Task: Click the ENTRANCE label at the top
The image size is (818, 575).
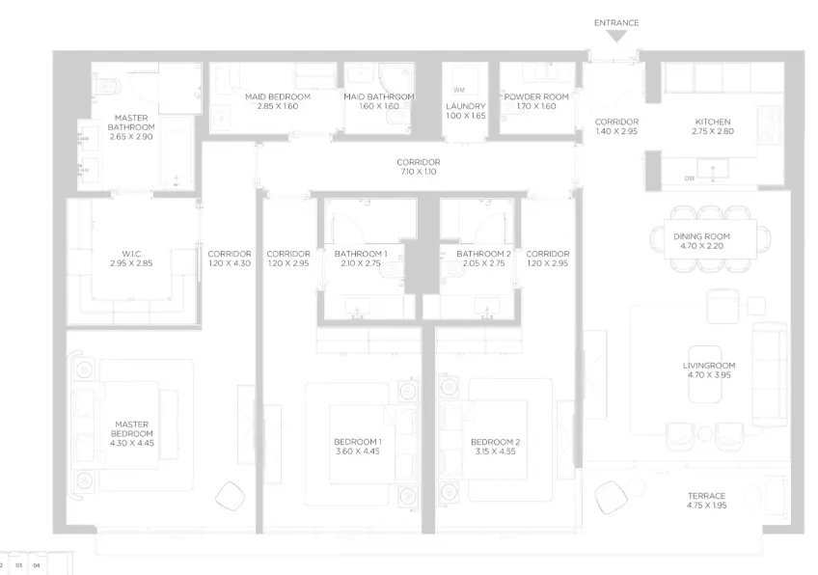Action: click(x=616, y=23)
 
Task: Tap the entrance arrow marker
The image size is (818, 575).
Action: click(x=616, y=36)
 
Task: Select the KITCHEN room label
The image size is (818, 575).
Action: click(x=713, y=122)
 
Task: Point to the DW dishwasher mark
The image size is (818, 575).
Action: click(x=690, y=178)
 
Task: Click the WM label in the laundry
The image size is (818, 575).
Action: click(x=459, y=91)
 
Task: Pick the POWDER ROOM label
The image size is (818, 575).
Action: click(x=536, y=96)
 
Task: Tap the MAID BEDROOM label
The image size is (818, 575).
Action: click(x=278, y=96)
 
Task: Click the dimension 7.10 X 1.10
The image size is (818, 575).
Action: click(x=419, y=172)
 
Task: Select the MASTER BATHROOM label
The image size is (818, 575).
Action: click(x=131, y=123)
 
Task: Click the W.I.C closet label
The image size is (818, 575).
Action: click(x=131, y=254)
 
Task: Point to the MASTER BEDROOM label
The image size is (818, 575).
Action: click(x=132, y=429)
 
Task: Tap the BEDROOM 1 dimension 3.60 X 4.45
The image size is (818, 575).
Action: click(x=357, y=452)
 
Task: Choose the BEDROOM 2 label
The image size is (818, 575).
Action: click(x=495, y=442)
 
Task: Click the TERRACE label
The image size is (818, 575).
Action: click(x=706, y=496)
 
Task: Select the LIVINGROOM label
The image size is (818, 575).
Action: click(x=709, y=366)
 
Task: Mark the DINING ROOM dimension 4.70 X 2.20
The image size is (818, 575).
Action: click(x=701, y=246)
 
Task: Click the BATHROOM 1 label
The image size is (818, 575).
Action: click(x=361, y=254)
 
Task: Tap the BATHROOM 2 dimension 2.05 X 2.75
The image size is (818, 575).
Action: click(x=483, y=263)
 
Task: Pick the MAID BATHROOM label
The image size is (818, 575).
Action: click(x=379, y=96)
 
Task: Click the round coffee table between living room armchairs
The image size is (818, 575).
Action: click(x=705, y=434)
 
